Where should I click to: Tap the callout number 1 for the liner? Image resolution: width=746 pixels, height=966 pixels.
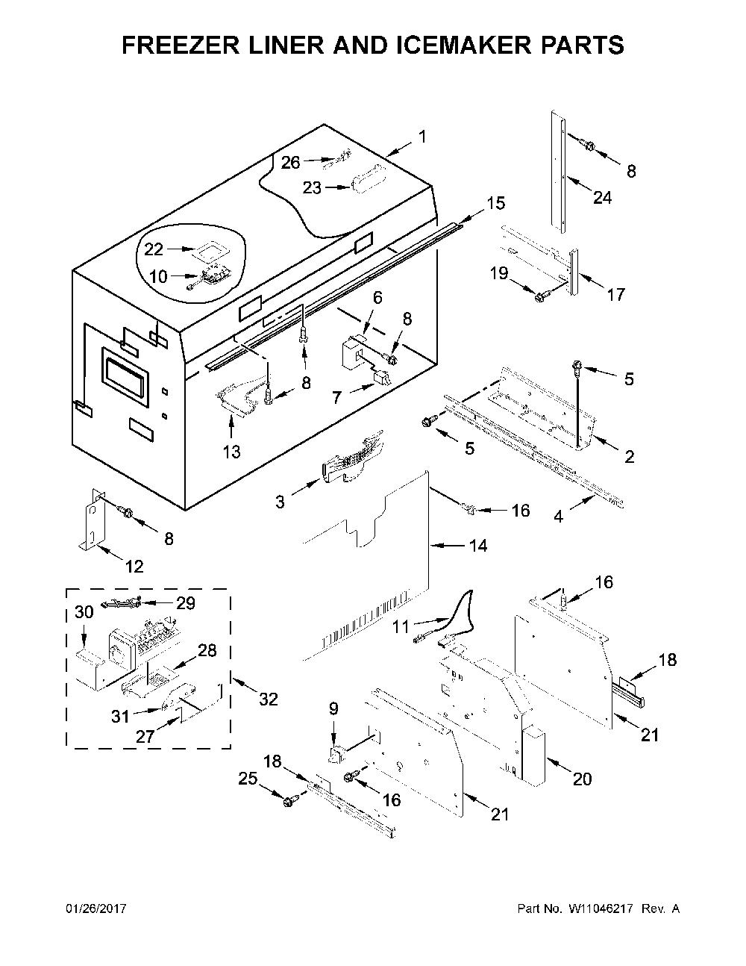(x=422, y=137)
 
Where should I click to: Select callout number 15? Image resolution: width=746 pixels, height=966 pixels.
(x=496, y=203)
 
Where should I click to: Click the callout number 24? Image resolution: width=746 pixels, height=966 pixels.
(x=602, y=197)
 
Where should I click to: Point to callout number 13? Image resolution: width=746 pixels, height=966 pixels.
(x=232, y=452)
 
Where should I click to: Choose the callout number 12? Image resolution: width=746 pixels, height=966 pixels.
(x=134, y=566)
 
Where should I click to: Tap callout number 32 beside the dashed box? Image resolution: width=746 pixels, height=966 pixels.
(x=269, y=699)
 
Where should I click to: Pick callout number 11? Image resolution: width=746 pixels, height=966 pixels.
(x=401, y=627)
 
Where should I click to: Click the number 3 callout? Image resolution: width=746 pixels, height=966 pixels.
(x=280, y=502)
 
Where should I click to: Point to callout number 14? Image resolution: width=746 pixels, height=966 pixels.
(x=478, y=546)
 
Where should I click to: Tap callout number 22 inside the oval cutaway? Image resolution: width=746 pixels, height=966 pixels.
(x=154, y=249)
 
